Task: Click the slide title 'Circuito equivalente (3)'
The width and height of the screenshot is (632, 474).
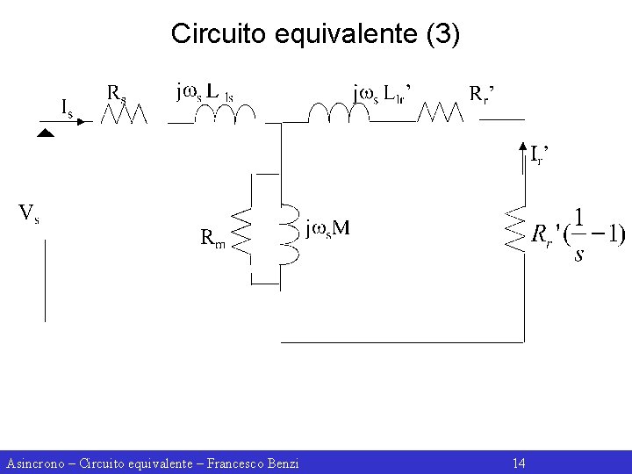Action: [x=315, y=34]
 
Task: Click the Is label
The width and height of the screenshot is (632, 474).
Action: [x=66, y=107]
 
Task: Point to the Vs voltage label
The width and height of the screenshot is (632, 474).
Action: [x=29, y=213]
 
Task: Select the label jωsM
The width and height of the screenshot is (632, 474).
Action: [x=327, y=229]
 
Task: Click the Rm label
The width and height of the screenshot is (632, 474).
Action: [x=212, y=237]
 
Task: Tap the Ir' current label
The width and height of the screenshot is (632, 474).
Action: [x=541, y=154]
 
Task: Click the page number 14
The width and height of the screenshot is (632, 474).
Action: [x=518, y=463]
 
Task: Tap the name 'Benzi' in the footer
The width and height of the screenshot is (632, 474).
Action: [x=281, y=463]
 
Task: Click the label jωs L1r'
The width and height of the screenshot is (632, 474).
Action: [x=383, y=92]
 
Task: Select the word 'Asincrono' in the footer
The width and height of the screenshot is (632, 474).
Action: [x=34, y=463]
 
